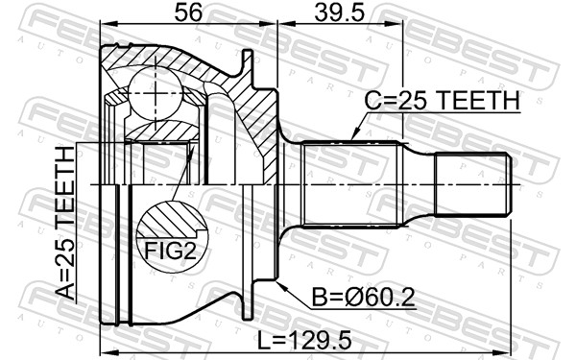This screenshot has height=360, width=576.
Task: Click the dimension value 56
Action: click(188, 12)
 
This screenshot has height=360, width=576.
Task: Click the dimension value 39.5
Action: click(340, 12)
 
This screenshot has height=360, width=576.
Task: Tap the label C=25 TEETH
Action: click(443, 100)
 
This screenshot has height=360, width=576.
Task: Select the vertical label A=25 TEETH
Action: click(65, 223)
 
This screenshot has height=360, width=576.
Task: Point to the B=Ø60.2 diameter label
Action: click(363, 298)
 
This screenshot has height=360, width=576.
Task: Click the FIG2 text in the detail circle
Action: click(171, 252)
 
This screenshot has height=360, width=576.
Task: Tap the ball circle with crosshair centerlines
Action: click(156, 93)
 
